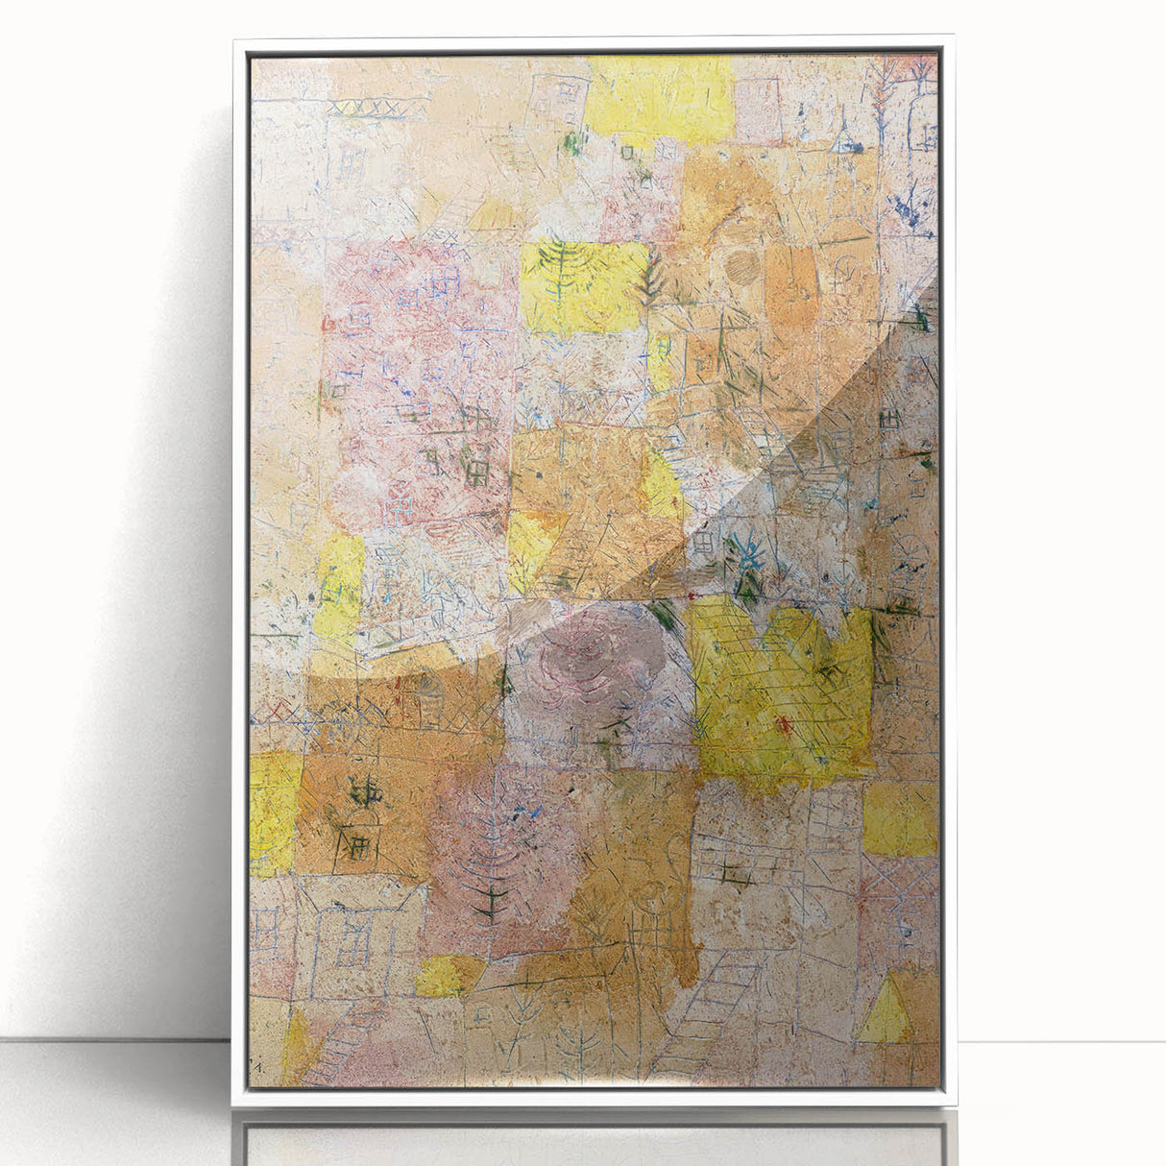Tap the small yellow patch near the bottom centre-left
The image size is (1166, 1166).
(x=448, y=976)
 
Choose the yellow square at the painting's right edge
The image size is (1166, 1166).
(x=899, y=817)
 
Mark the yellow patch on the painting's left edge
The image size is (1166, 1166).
(x=275, y=813)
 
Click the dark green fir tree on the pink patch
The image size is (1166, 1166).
(x=493, y=899)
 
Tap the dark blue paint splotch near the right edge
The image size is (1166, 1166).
(x=908, y=213)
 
